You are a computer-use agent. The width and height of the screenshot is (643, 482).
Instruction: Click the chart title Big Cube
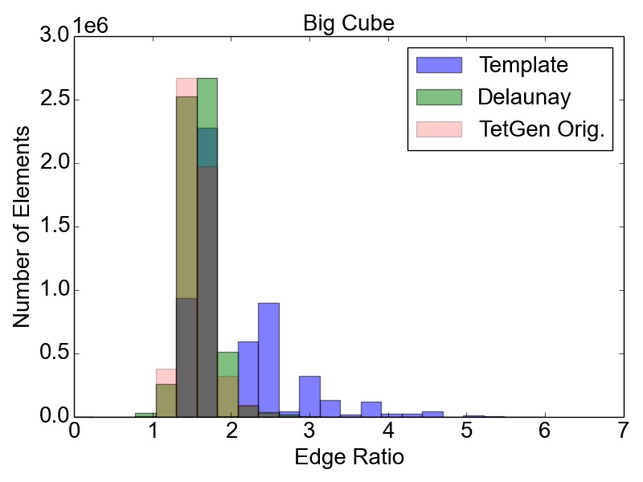(x=348, y=23)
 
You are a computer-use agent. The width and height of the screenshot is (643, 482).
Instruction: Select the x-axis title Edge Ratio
(x=348, y=458)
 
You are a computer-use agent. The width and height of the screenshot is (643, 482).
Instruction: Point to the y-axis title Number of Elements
(x=23, y=225)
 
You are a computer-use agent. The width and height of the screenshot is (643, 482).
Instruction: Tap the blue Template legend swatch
(x=439, y=65)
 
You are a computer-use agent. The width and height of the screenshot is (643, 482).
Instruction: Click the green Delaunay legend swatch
(x=439, y=97)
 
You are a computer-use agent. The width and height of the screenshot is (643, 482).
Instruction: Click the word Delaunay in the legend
(x=524, y=97)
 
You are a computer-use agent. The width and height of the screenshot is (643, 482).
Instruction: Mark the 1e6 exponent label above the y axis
(x=90, y=24)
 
